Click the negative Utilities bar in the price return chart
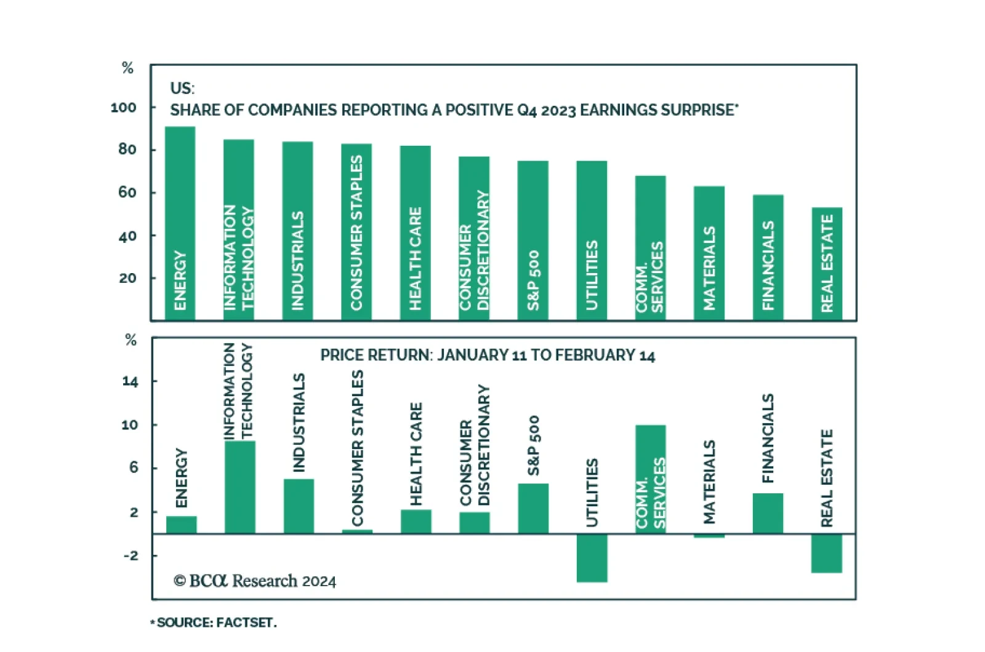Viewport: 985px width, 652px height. click(x=592, y=558)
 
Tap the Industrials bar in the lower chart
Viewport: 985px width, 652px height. click(x=299, y=506)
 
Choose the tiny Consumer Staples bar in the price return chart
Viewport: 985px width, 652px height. click(x=357, y=531)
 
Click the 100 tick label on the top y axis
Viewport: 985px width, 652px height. click(x=123, y=108)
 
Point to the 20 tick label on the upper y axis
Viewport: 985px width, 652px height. click(x=127, y=278)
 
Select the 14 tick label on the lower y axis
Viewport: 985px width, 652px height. click(x=130, y=381)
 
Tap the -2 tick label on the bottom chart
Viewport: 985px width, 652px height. click(x=131, y=555)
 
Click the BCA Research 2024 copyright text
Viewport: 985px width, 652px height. click(x=255, y=581)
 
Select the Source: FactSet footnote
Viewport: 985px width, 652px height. click(x=214, y=622)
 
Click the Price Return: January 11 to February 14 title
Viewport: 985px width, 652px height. click(x=488, y=356)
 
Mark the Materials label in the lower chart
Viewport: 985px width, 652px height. click(x=709, y=482)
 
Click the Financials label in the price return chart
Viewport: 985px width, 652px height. click(x=768, y=438)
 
